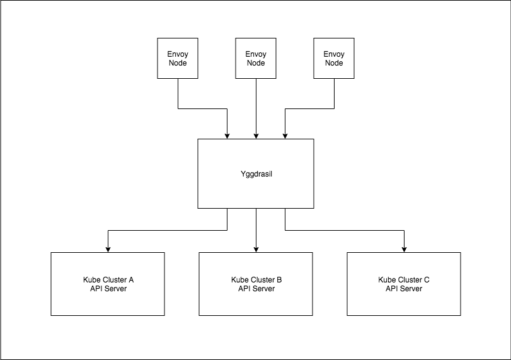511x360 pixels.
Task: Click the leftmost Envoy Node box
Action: click(178, 59)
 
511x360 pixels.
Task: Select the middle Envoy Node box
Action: click(256, 59)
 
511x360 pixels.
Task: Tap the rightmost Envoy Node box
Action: click(334, 59)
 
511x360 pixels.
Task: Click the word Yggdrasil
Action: click(255, 173)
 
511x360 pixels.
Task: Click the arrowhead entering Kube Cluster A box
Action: click(108, 249)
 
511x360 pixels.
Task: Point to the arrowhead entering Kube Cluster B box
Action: click(256, 249)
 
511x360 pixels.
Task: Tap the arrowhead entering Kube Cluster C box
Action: click(404, 249)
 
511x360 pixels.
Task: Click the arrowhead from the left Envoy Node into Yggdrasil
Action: click(227, 136)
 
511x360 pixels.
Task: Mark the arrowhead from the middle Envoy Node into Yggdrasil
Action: click(256, 136)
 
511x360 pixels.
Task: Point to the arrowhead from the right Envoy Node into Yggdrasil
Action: click(285, 136)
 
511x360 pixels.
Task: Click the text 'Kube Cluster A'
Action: click(108, 279)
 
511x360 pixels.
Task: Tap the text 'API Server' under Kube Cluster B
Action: click(256, 289)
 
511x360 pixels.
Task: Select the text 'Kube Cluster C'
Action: click(404, 279)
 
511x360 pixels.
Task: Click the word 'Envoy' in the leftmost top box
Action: click(178, 54)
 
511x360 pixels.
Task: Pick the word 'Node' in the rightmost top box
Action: click(334, 63)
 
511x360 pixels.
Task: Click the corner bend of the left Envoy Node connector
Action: click(178, 108)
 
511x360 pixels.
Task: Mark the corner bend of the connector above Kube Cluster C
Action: click(404, 231)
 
